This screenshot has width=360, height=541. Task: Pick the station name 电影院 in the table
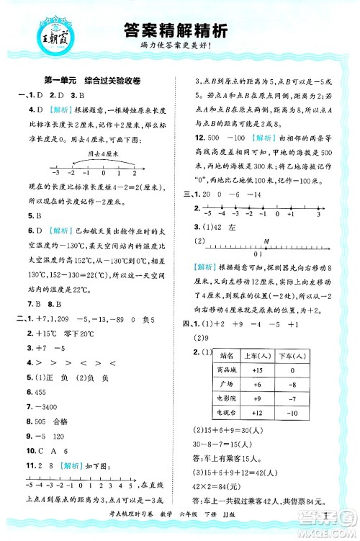[x=226, y=398]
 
